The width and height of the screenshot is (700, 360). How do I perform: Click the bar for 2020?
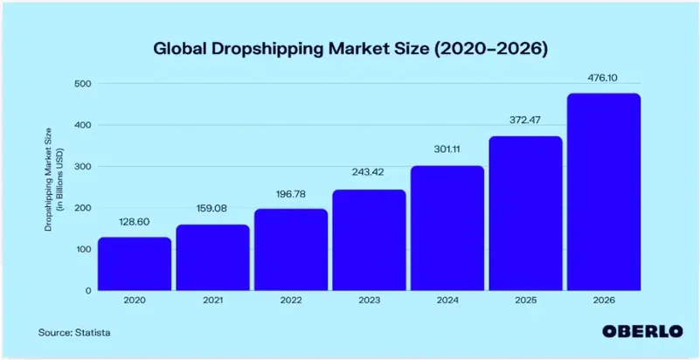134,263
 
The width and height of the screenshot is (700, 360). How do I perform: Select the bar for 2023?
369,239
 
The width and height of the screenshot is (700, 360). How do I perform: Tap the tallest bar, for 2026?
603,191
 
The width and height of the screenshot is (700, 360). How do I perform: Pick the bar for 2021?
212,257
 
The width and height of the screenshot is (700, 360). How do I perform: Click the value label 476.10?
603,79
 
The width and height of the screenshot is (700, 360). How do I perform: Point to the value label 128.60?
134,223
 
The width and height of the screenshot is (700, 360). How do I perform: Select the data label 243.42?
369,175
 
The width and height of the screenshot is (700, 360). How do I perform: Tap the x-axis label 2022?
290,301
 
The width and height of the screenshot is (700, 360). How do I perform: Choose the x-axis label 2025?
525,301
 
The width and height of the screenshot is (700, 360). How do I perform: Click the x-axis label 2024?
447,301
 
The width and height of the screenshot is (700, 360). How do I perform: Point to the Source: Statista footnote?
74,332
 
